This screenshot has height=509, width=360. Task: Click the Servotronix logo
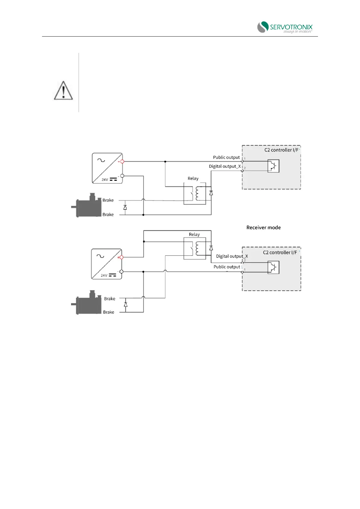pyautogui.click(x=284, y=27)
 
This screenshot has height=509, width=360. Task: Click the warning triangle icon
pyautogui.click(x=63, y=90)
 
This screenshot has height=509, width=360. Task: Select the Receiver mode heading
pyautogui.click(x=263, y=228)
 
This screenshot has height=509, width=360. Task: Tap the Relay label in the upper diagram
pyautogui.click(x=193, y=179)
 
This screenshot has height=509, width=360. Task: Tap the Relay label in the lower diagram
pyautogui.click(x=194, y=235)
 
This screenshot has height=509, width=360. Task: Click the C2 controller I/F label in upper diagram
pyautogui.click(x=281, y=150)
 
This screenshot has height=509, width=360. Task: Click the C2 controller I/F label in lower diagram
pyautogui.click(x=280, y=252)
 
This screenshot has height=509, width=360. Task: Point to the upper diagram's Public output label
pyautogui.click(x=226, y=157)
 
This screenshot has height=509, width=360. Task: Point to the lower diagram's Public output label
pyautogui.click(x=227, y=267)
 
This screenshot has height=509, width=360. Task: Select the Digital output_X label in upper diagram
pyautogui.click(x=225, y=167)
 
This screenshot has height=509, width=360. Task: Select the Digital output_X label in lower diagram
pyautogui.click(x=232, y=256)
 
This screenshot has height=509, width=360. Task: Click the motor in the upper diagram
pyautogui.click(x=88, y=206)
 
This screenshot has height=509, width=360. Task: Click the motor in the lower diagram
pyautogui.click(x=88, y=303)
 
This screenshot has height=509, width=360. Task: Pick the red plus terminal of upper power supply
pyautogui.click(x=122, y=161)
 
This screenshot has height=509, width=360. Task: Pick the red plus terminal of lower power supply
pyautogui.click(x=121, y=257)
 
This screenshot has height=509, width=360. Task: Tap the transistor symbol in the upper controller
pyautogui.click(x=273, y=166)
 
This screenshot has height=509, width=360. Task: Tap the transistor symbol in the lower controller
pyautogui.click(x=273, y=267)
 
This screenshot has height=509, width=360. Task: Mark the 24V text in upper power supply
pyautogui.click(x=105, y=180)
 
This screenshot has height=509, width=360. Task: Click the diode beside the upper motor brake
pyautogui.click(x=125, y=207)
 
